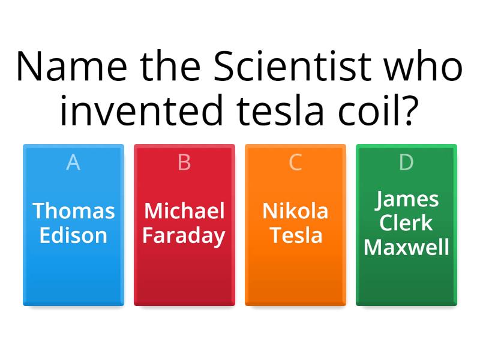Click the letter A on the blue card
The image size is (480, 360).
(x=73, y=162)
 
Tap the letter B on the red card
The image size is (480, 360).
(x=184, y=162)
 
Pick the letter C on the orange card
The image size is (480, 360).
(x=295, y=162)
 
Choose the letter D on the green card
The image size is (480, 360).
(x=406, y=162)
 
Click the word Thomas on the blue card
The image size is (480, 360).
(x=73, y=211)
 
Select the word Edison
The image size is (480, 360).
(x=73, y=235)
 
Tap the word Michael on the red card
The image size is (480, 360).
(x=184, y=211)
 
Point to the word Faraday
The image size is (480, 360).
(x=184, y=236)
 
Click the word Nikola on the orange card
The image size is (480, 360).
(x=295, y=211)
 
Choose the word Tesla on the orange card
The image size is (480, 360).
(x=295, y=235)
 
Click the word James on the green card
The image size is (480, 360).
(x=406, y=199)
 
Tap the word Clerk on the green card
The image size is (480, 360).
(x=406, y=223)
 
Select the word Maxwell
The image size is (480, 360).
(x=406, y=247)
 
